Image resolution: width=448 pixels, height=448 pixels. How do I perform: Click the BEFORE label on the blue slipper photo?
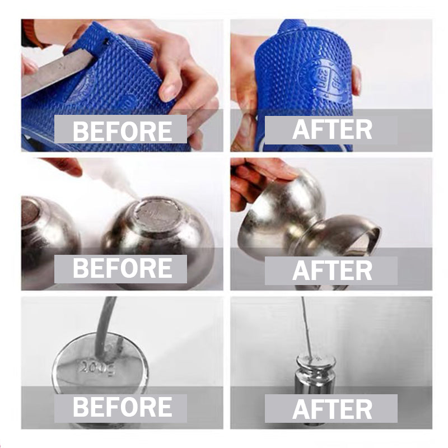[x=122, y=131]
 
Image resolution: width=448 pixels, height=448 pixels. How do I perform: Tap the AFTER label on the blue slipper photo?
[x=332, y=129]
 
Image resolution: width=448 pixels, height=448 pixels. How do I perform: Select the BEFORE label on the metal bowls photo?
[x=122, y=268]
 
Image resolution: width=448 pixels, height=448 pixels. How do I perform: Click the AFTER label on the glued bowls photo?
[x=332, y=270]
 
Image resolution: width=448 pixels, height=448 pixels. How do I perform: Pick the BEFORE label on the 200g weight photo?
[x=122, y=407]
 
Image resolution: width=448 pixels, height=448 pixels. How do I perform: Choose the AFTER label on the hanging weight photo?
[x=332, y=409]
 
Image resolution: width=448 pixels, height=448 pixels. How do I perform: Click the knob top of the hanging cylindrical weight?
[x=316, y=361]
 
